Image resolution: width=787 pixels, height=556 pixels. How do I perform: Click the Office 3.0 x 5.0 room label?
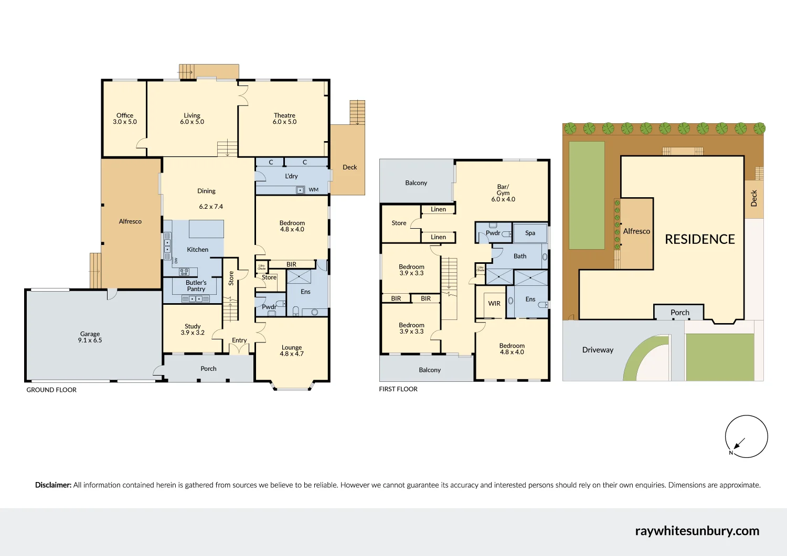click(125, 119)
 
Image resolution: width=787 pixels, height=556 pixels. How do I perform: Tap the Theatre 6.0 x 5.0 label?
click(284, 119)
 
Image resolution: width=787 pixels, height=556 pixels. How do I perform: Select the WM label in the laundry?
click(314, 190)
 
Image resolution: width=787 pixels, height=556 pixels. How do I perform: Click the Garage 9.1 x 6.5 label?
click(90, 337)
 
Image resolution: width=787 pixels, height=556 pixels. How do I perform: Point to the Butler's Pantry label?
click(196, 286)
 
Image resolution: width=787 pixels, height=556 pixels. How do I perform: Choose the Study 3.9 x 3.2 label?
click(193, 329)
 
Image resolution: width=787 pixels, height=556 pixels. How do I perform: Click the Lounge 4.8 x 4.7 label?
click(292, 350)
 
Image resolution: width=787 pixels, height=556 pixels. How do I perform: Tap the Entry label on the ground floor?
click(239, 340)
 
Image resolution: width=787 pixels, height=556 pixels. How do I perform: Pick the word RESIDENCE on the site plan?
click(700, 239)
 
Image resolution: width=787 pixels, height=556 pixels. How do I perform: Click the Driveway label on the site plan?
click(598, 350)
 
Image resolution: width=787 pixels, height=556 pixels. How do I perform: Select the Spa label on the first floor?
click(530, 233)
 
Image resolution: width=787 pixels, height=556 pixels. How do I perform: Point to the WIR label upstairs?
click(494, 303)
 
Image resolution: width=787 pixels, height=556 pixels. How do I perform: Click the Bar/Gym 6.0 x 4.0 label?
click(503, 193)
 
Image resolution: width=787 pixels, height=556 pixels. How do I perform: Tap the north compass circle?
click(746, 436)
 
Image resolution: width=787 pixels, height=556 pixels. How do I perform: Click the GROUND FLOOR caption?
click(51, 390)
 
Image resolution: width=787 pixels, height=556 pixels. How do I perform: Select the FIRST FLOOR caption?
click(398, 389)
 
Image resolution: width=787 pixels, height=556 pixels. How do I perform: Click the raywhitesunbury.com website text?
click(697, 531)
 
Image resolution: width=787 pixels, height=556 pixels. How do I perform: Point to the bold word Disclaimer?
click(53, 485)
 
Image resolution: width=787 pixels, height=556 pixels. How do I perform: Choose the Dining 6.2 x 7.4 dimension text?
click(211, 207)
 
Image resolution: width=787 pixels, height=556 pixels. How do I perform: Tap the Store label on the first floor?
click(399, 223)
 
